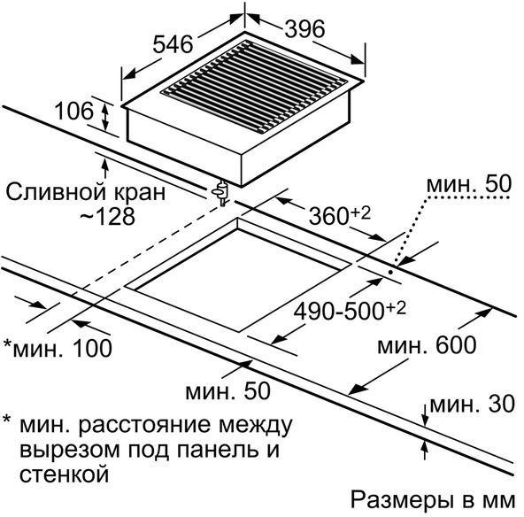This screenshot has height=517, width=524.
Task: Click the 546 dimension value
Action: pyautogui.click(x=173, y=44)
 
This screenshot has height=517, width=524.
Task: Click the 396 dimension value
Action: pyautogui.click(x=304, y=28)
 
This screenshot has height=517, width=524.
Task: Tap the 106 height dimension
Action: pyautogui.click(x=73, y=111)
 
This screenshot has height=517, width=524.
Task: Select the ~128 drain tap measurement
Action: pyautogui.click(x=107, y=216)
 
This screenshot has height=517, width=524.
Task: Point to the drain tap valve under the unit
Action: pyautogui.click(x=220, y=193)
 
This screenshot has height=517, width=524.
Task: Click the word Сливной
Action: pyautogui.click(x=57, y=192)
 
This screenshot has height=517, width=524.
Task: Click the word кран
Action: pyautogui.click(x=140, y=193)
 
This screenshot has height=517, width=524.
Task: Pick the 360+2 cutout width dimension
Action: pyautogui.click(x=340, y=215)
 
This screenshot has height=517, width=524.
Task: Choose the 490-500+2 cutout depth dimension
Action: pyautogui.click(x=350, y=311)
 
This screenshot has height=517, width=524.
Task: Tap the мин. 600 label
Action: pyautogui.click(x=427, y=345)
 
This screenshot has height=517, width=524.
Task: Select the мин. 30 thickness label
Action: pyautogui.click(x=472, y=404)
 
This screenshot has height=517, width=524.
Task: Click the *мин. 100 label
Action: pyautogui.click(x=58, y=348)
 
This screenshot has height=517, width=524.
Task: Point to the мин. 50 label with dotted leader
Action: pyautogui.click(x=469, y=183)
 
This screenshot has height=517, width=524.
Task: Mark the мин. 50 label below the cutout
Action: pyautogui.click(x=227, y=390)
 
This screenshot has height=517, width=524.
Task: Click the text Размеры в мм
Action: pyautogui.click(x=433, y=500)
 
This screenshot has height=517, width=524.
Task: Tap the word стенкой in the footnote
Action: pyautogui.click(x=64, y=474)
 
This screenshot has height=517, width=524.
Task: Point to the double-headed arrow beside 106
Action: pyautogui.click(x=105, y=117)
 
